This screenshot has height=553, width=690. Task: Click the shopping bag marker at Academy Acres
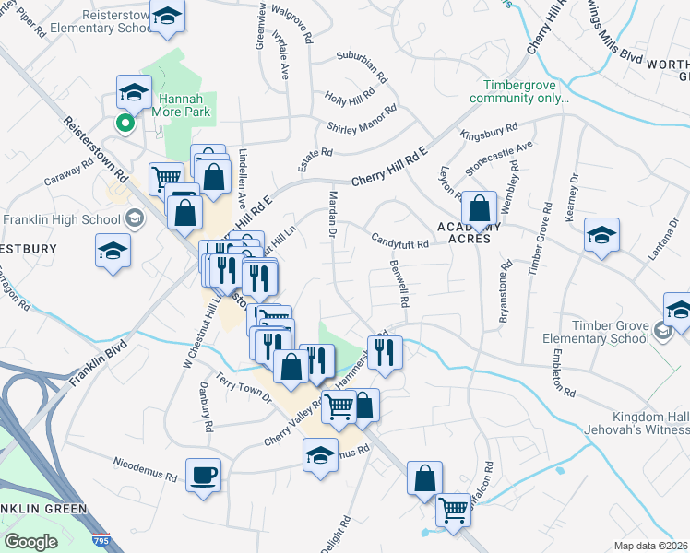[479, 208]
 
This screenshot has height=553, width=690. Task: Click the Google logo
[30, 541]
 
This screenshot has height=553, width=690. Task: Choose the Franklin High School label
[62, 219]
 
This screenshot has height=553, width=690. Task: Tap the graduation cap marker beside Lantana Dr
[601, 236]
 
